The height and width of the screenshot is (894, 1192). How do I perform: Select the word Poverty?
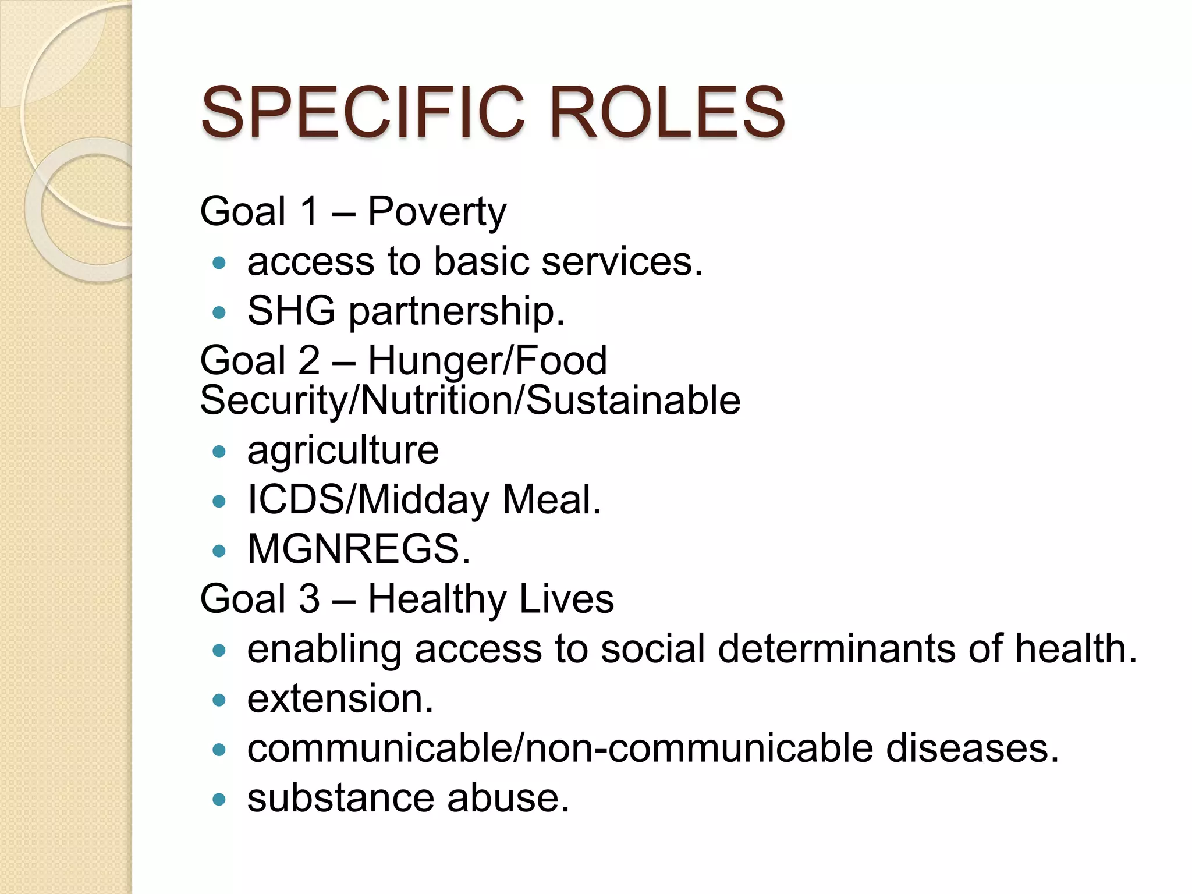click(x=437, y=212)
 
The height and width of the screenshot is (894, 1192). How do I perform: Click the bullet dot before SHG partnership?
click(x=219, y=313)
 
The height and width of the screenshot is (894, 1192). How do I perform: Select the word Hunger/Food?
click(x=487, y=360)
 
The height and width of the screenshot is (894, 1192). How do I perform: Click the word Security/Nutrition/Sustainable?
click(x=470, y=401)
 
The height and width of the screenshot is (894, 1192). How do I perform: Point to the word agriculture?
click(x=343, y=450)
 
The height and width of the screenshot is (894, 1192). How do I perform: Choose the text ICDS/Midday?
click(x=368, y=500)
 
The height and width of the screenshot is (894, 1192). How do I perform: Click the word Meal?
click(x=551, y=500)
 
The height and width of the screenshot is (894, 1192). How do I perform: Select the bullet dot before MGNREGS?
click(x=219, y=551)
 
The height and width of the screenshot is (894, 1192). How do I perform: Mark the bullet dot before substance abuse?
click(x=219, y=799)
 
